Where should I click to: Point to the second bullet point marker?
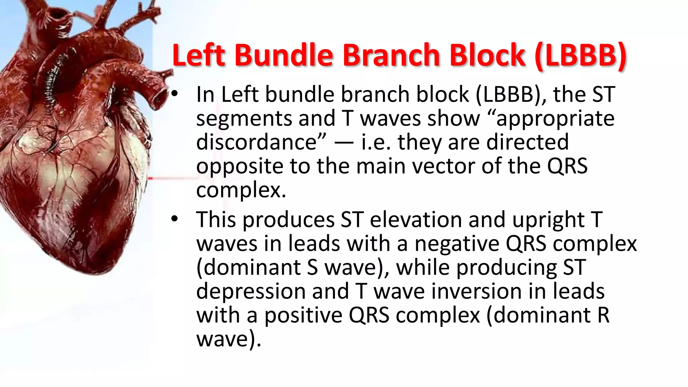coord(174,219)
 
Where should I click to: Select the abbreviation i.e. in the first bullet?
coord(376,142)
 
